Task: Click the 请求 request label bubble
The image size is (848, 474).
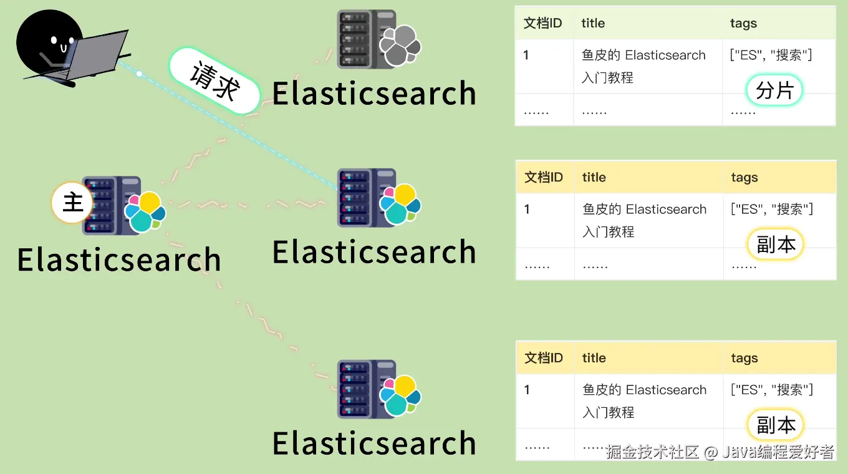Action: pos(214,82)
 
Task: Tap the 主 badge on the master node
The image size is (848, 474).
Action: pos(72,202)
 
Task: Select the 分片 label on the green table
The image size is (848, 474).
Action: pos(774,91)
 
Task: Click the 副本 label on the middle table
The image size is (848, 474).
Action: pos(776,244)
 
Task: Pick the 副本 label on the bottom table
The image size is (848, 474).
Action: pos(776,425)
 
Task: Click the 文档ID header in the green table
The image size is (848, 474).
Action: pos(542,24)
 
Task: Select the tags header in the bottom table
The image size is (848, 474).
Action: pos(744,358)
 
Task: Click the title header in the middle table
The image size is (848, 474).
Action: pos(594,178)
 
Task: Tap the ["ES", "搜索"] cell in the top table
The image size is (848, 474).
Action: pos(771,56)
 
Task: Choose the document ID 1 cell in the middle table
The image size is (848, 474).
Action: pos(527,210)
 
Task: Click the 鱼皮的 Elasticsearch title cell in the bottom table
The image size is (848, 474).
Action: pos(644,390)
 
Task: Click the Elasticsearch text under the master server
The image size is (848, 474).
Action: pos(119,260)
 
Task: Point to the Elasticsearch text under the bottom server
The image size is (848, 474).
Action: pos(374,443)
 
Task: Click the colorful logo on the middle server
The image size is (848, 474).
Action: pos(400,204)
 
